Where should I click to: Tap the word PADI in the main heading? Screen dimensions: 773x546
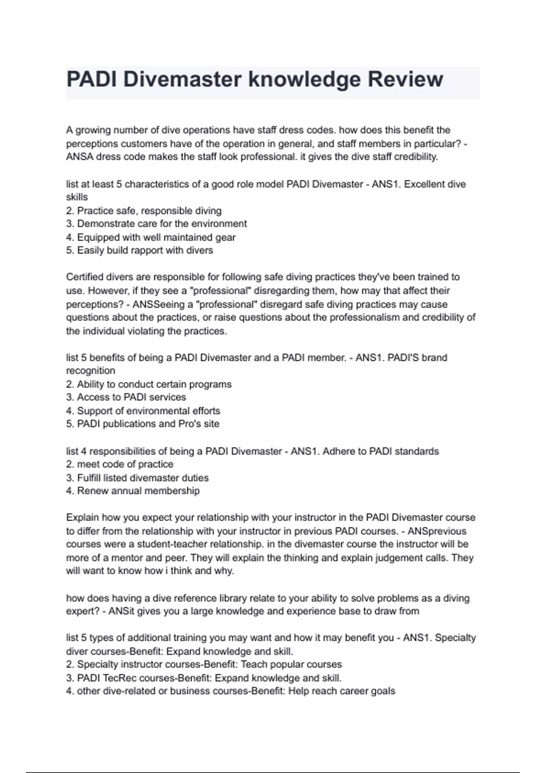tap(91, 79)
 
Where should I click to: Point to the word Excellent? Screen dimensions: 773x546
tap(426, 184)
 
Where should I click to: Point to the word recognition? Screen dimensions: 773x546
tap(91, 371)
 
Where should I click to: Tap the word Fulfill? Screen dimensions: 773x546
tap(89, 478)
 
